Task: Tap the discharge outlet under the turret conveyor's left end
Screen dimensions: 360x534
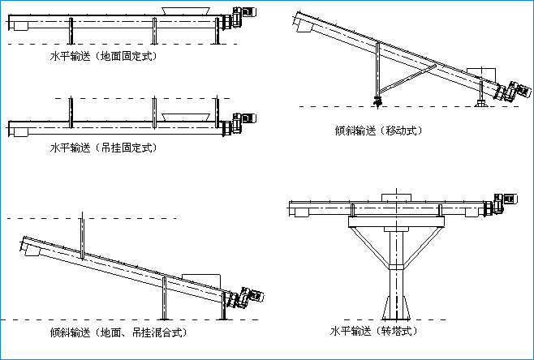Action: tap(302, 213)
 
